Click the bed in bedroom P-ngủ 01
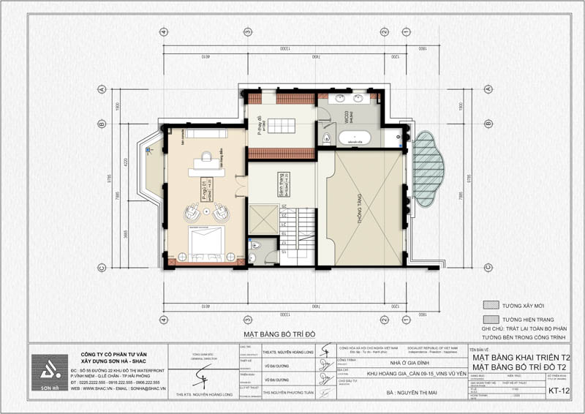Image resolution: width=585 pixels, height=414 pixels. coord(208,244)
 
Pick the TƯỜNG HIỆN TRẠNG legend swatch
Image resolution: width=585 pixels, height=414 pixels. coord(491,320)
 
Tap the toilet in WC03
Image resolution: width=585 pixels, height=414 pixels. coord(328,137)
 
